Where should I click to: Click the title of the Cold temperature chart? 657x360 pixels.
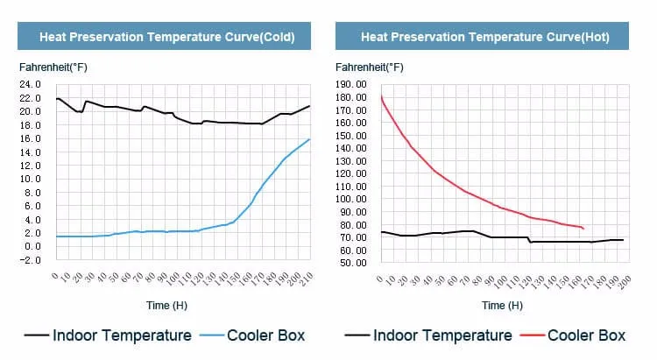(x=167, y=37)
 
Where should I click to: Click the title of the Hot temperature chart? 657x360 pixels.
(x=485, y=37)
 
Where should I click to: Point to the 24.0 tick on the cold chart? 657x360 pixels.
(x=30, y=84)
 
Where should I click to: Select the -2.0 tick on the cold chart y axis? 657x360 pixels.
(x=30, y=260)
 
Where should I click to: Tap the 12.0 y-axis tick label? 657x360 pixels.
(x=30, y=166)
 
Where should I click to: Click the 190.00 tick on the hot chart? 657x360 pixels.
(x=350, y=84)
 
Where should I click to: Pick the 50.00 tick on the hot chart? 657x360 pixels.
(x=353, y=263)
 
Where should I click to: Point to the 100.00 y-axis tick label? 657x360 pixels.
(x=350, y=199)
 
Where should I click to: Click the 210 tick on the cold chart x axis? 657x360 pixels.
(x=307, y=278)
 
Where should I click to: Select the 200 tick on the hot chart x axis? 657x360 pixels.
(x=625, y=282)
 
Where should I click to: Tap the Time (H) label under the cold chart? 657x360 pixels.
(x=166, y=306)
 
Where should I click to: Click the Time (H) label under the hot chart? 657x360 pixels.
(x=503, y=306)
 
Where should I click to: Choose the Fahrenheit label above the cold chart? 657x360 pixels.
(x=53, y=67)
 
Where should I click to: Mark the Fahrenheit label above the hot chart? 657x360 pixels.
(x=370, y=67)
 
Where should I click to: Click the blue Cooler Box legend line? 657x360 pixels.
(x=212, y=335)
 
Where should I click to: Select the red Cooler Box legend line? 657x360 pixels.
(x=532, y=335)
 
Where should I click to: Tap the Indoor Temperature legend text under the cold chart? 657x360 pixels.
(x=122, y=335)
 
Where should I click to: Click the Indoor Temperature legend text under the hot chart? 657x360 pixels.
(x=442, y=335)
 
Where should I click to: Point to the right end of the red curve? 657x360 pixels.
(x=583, y=229)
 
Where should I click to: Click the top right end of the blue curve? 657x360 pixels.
(x=309, y=139)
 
